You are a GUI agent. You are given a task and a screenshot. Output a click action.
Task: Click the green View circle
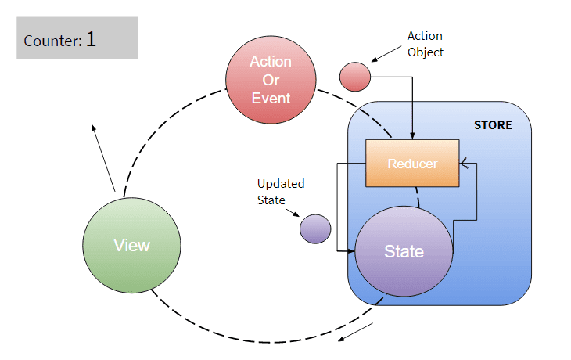(x=131, y=245)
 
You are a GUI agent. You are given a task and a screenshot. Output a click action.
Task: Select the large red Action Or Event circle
(x=271, y=80)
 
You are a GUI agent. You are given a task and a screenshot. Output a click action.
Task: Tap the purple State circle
(x=404, y=251)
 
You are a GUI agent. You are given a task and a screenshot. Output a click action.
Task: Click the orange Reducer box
(x=412, y=164)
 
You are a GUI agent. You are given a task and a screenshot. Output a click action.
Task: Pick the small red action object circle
(x=355, y=77)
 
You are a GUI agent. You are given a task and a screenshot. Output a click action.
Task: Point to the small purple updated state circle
(x=315, y=229)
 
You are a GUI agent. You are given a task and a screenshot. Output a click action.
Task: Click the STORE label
(x=493, y=125)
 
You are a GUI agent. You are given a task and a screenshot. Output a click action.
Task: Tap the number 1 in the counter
(x=91, y=39)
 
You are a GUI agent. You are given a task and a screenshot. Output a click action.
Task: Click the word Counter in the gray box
(x=53, y=41)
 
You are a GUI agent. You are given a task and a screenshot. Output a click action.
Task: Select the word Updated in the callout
(x=281, y=184)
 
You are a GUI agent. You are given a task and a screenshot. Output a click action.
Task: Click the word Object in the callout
(x=426, y=52)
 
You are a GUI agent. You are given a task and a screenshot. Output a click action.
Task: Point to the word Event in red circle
(x=271, y=99)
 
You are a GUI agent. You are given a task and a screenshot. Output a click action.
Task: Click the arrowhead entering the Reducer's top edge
(x=412, y=136)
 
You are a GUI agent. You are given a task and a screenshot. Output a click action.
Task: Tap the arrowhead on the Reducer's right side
(x=463, y=164)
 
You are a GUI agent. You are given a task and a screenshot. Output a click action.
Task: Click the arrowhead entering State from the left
(x=351, y=250)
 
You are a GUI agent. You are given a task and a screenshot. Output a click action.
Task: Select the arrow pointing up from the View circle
(x=103, y=158)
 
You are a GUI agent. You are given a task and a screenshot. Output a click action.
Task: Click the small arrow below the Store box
(x=355, y=332)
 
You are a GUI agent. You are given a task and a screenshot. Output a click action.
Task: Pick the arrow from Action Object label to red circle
(x=386, y=54)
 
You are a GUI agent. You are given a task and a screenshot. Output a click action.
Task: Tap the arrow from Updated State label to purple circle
(x=293, y=213)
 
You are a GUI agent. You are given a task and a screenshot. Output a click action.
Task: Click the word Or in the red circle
(x=271, y=80)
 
